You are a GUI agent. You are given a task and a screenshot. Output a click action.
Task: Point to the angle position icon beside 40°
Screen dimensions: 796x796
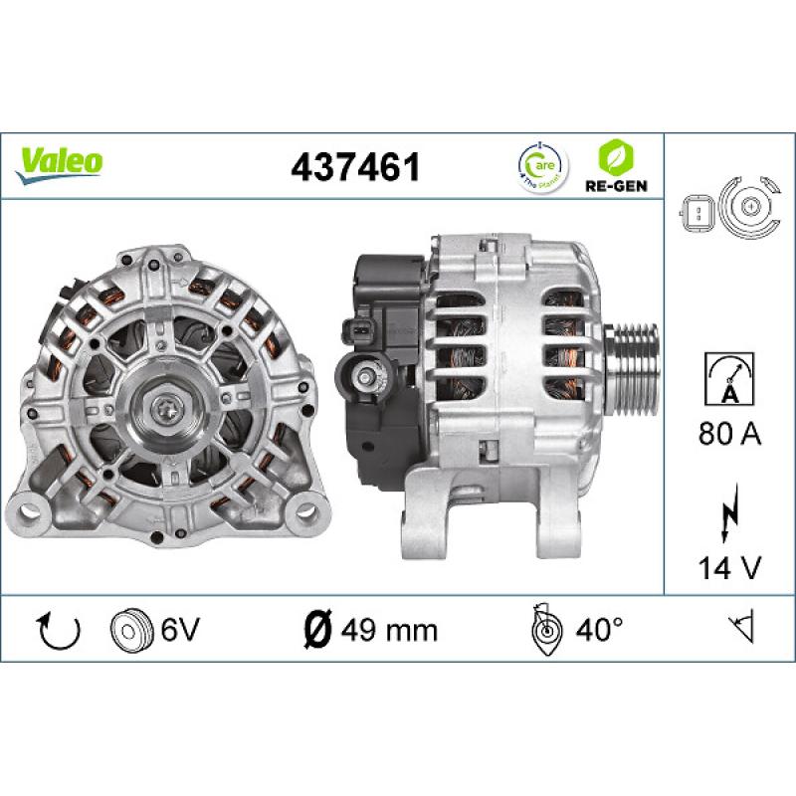click(x=544, y=629)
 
